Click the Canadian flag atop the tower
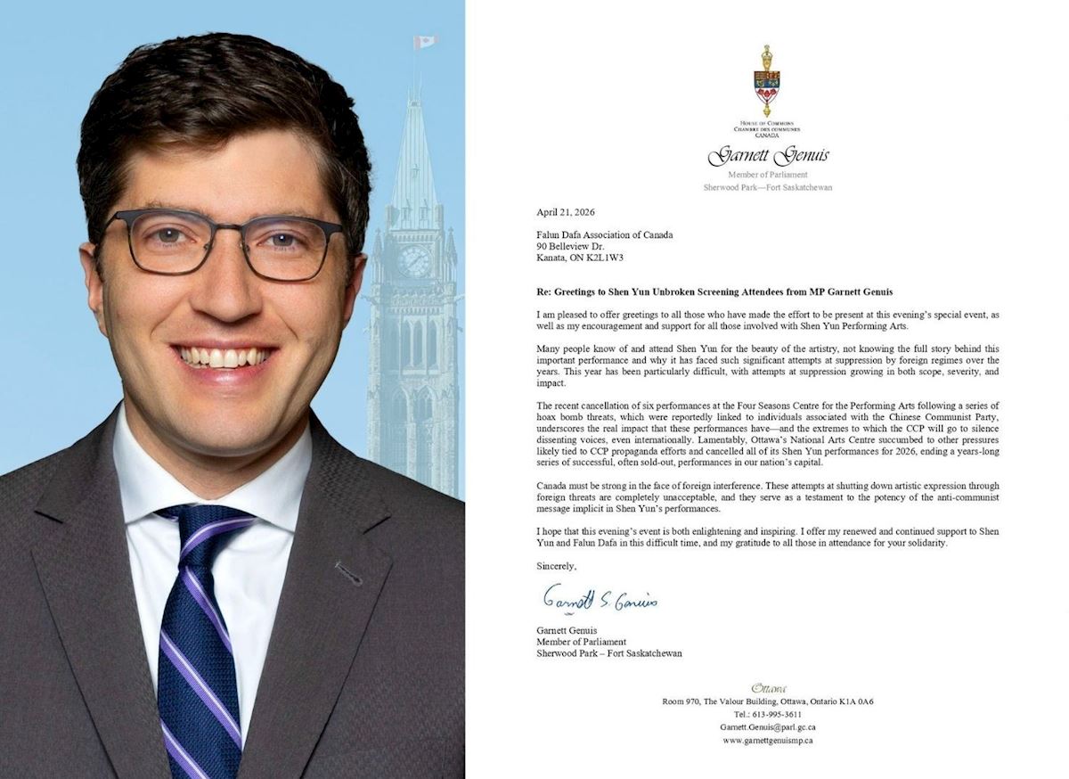click(425, 42)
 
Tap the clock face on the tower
click(413, 261)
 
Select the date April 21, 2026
click(565, 212)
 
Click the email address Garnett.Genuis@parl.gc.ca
click(767, 727)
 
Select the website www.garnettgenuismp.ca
click(767, 740)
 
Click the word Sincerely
click(556, 566)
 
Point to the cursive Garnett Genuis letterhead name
click(767, 157)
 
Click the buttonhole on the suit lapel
click(348, 572)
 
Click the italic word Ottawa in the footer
click(768, 688)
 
